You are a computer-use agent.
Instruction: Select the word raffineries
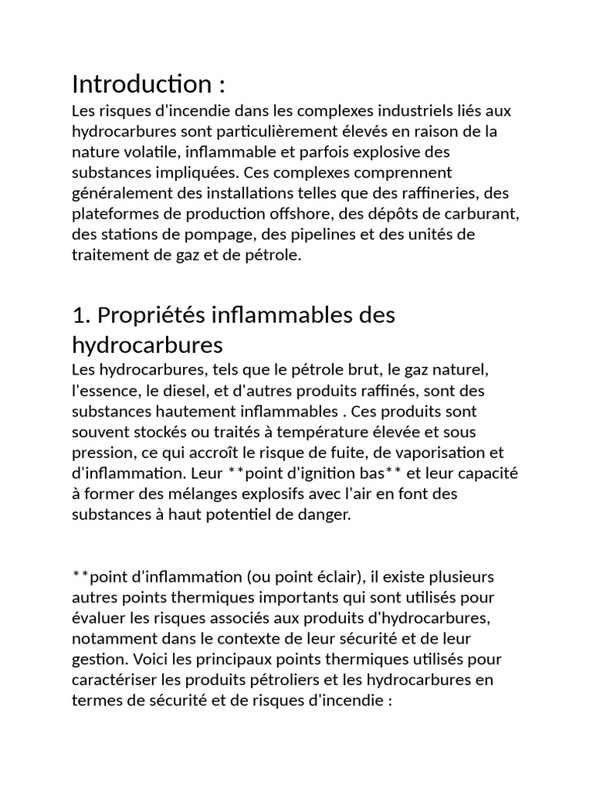point(446,192)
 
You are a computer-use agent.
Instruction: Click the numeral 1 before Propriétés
point(76,315)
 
